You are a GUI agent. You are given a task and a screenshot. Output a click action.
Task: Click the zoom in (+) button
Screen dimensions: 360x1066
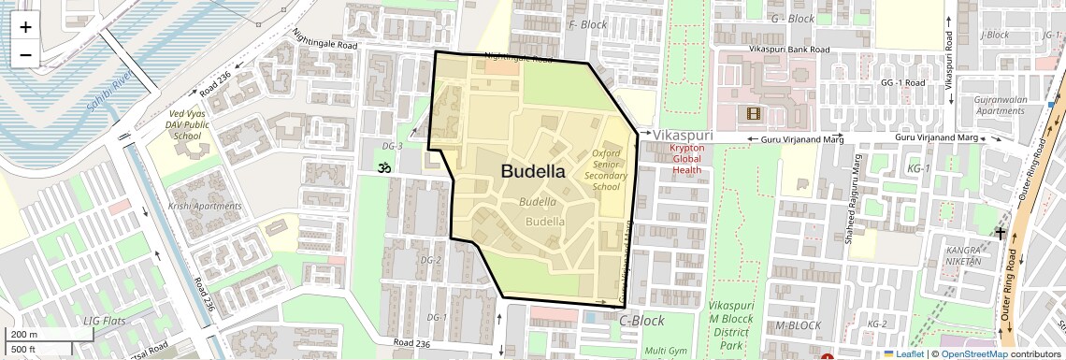[x=25, y=26]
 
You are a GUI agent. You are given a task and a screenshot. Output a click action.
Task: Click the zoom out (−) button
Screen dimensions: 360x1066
[x=25, y=54]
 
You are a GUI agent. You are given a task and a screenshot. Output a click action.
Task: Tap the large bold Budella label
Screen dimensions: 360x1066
[x=533, y=171]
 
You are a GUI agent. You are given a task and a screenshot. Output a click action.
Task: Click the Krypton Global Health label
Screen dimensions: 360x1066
[x=693, y=159]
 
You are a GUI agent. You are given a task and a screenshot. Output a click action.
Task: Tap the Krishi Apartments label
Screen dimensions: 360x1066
[x=205, y=207]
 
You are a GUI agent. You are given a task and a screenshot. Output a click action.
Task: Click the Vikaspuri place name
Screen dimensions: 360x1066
[x=683, y=136]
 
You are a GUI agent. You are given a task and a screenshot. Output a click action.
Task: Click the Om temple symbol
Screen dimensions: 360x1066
[x=382, y=169]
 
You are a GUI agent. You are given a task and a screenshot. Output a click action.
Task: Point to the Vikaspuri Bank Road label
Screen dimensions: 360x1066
[x=789, y=50]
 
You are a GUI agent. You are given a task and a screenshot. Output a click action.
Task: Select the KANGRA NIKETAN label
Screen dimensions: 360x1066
[x=963, y=256]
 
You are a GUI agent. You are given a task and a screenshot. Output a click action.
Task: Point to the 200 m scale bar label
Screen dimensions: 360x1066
[x=24, y=335]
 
